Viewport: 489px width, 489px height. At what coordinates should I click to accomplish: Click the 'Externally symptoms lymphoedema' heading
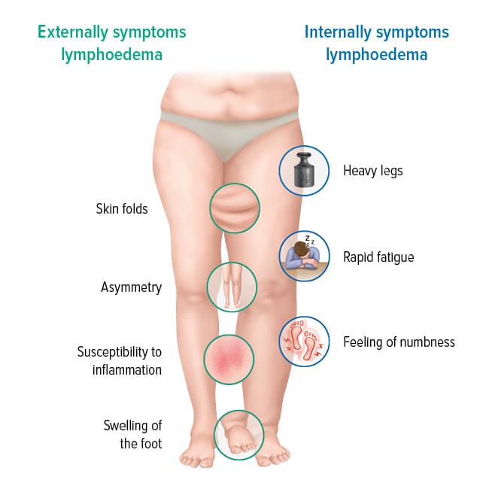111,43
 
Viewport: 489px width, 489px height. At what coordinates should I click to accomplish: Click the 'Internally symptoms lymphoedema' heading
376,43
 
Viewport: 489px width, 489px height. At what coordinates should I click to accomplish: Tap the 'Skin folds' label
122,208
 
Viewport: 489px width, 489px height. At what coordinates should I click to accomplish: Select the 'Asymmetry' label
132,287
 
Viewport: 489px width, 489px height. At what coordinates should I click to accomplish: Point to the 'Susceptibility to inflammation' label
120,361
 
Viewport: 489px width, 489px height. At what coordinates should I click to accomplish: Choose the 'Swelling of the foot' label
133,434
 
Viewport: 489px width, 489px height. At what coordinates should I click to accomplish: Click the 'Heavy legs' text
373,171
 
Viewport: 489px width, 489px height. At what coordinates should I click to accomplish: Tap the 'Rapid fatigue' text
378,257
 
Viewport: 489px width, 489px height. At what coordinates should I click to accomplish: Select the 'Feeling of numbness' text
399,342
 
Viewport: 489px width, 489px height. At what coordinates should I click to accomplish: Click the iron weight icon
304,171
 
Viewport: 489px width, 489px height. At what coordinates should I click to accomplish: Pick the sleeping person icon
304,256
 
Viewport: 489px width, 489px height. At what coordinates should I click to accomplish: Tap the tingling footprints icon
304,342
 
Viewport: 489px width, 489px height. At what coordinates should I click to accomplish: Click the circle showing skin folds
235,208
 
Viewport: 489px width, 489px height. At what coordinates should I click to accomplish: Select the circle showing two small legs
232,287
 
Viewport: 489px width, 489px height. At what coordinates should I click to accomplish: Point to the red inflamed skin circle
229,360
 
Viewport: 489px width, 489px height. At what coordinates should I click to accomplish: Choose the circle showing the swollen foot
239,435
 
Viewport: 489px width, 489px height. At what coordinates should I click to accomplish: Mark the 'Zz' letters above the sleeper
309,240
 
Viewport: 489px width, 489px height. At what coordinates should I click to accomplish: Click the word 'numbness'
427,342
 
